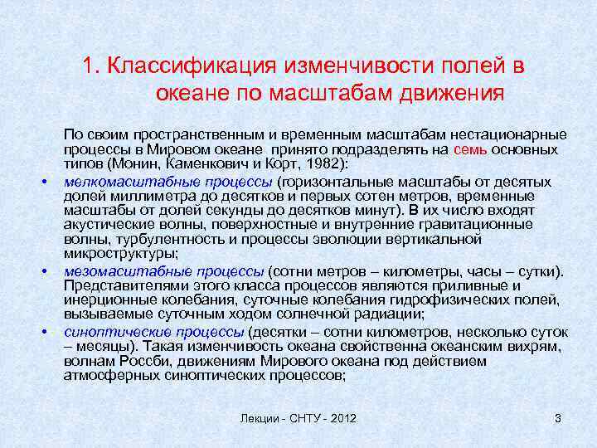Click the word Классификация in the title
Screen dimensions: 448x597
pos(194,66)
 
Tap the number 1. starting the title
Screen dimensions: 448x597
pos(93,66)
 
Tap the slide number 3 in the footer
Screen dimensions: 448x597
pos(558,418)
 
